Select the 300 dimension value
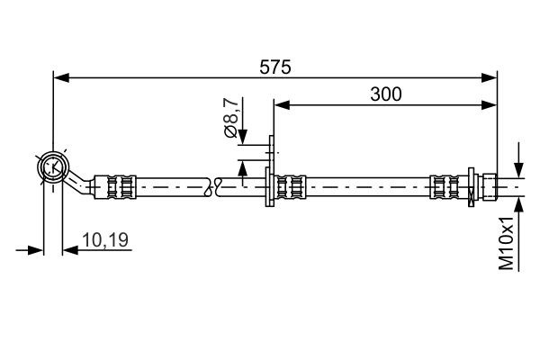point(385,93)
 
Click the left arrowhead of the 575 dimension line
point(60,77)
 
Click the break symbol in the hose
point(212,186)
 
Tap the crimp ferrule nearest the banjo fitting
point(121,186)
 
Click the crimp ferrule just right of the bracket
point(290,186)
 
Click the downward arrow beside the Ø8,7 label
point(242,133)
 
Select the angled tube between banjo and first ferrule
point(84,181)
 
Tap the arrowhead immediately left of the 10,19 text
point(69,249)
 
